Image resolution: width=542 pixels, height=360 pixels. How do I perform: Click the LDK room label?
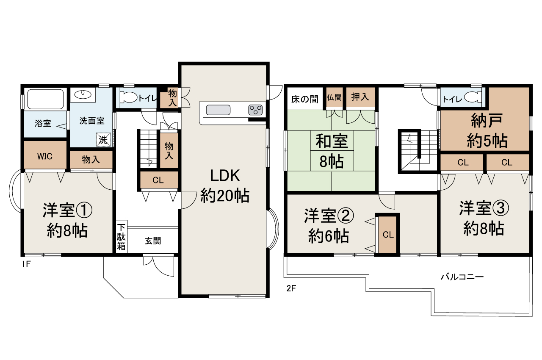[225, 176]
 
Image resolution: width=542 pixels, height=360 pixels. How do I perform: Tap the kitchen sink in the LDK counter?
[218, 110]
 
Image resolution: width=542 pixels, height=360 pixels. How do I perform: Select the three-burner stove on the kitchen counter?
[255, 110]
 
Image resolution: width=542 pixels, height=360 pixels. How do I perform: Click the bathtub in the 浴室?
[45, 99]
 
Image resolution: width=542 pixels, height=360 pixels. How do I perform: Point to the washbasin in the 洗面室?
[83, 94]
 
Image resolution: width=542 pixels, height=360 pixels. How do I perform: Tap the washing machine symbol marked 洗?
[103, 140]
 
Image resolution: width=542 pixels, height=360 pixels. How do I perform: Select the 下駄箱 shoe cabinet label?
[122, 237]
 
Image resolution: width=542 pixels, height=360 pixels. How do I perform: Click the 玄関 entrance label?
[153, 241]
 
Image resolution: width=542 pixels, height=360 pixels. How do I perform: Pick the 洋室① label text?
[67, 210]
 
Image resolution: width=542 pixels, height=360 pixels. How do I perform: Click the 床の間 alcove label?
[304, 99]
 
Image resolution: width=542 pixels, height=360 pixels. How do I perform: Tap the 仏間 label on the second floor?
[334, 97]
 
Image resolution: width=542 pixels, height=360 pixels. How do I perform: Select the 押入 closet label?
[360, 97]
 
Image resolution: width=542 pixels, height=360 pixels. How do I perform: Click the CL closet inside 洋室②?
[388, 235]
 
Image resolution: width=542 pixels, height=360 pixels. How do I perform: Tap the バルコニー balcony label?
[462, 277]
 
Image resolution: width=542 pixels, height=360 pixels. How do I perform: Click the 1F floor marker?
[26, 264]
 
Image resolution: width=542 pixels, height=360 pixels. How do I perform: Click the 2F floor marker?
[291, 288]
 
